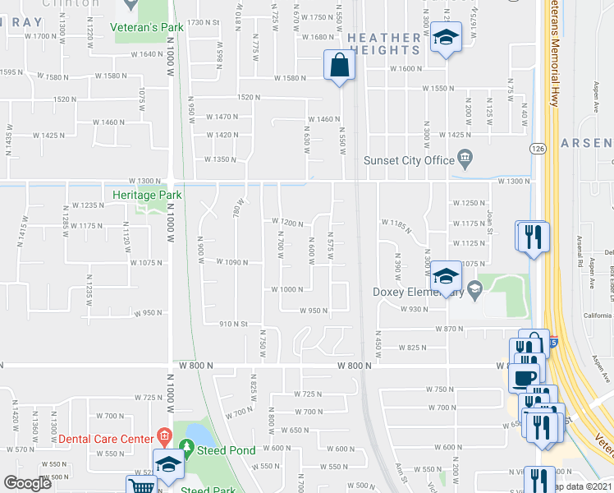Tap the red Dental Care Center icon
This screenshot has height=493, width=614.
163,435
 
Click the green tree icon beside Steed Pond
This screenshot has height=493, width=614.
187,449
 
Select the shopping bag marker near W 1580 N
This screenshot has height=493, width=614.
339,64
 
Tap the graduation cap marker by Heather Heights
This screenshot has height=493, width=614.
446,37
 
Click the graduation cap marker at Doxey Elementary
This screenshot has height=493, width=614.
446,274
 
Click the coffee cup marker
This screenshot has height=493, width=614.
523,377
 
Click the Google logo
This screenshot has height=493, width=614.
27,482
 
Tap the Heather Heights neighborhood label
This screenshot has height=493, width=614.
383,44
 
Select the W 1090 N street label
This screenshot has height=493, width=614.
231,262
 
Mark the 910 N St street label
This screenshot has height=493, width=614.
234,324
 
